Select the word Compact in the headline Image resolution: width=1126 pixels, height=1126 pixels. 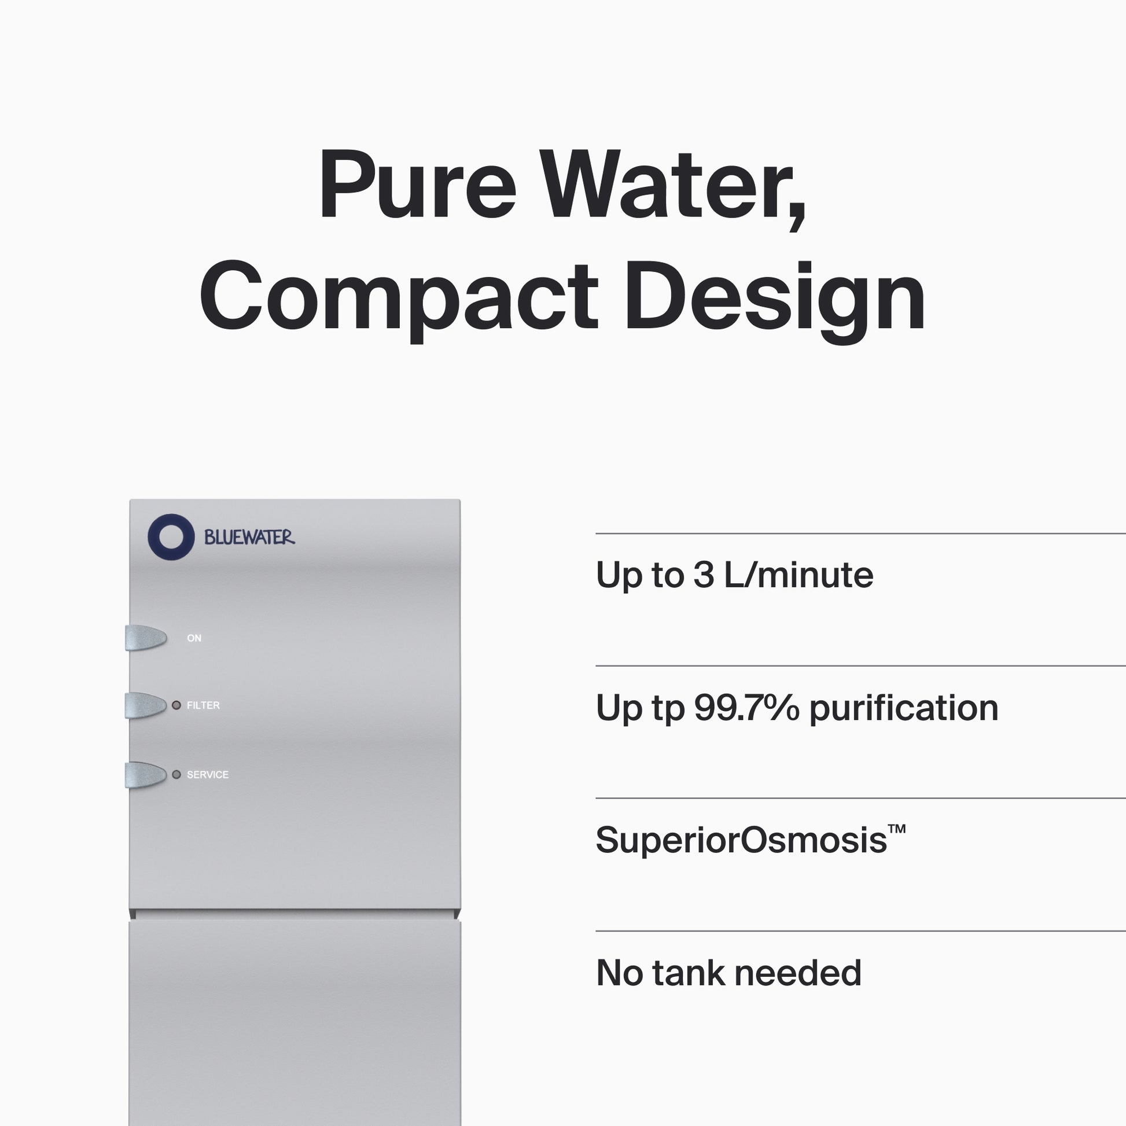pyautogui.click(x=399, y=300)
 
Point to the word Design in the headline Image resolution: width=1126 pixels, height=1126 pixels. pyautogui.click(x=775, y=301)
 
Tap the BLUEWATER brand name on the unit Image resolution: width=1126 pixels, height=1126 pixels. pyautogui.click(x=249, y=538)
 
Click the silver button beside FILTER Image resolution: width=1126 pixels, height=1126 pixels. pyautogui.click(x=146, y=705)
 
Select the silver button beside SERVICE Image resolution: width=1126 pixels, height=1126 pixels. pyautogui.click(x=146, y=775)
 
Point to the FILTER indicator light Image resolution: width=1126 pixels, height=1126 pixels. pyautogui.click(x=176, y=706)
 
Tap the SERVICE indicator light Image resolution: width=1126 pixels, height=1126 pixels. pyautogui.click(x=176, y=775)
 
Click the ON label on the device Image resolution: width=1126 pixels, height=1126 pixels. pyautogui.click(x=194, y=638)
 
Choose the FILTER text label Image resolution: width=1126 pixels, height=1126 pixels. pyautogui.click(x=204, y=705)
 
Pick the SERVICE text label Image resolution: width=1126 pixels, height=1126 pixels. pyautogui.click(x=208, y=775)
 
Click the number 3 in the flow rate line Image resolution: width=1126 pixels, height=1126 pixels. pyautogui.click(x=704, y=575)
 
